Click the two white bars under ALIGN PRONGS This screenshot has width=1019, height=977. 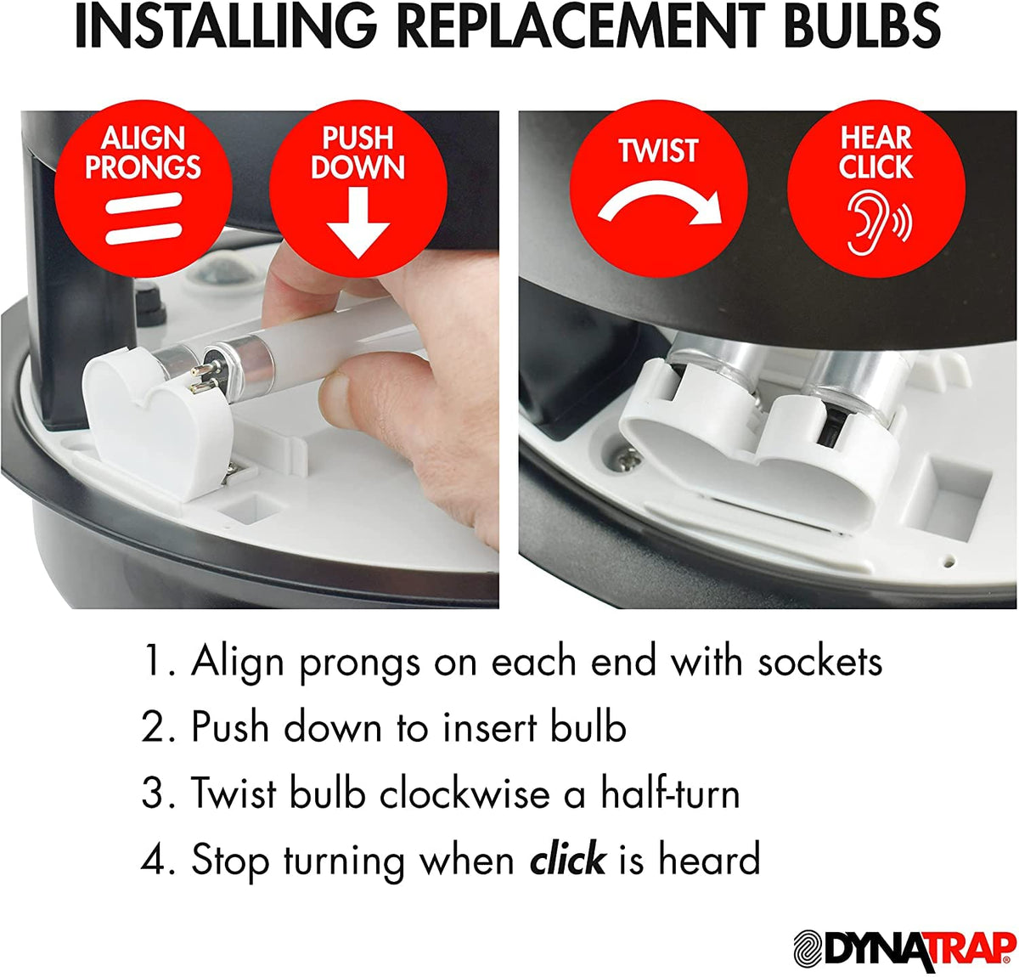click(x=144, y=218)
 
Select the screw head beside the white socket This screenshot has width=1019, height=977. click(x=628, y=460)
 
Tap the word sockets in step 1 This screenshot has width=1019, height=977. click(x=820, y=661)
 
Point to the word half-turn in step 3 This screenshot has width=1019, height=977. click(x=671, y=793)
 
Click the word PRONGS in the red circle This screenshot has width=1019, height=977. click(x=143, y=167)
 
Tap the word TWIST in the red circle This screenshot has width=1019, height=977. click(x=659, y=151)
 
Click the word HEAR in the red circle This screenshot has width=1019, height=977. click(x=876, y=138)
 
